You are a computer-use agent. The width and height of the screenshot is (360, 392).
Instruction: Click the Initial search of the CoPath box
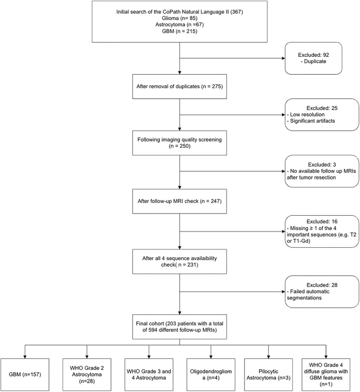click(180, 23)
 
